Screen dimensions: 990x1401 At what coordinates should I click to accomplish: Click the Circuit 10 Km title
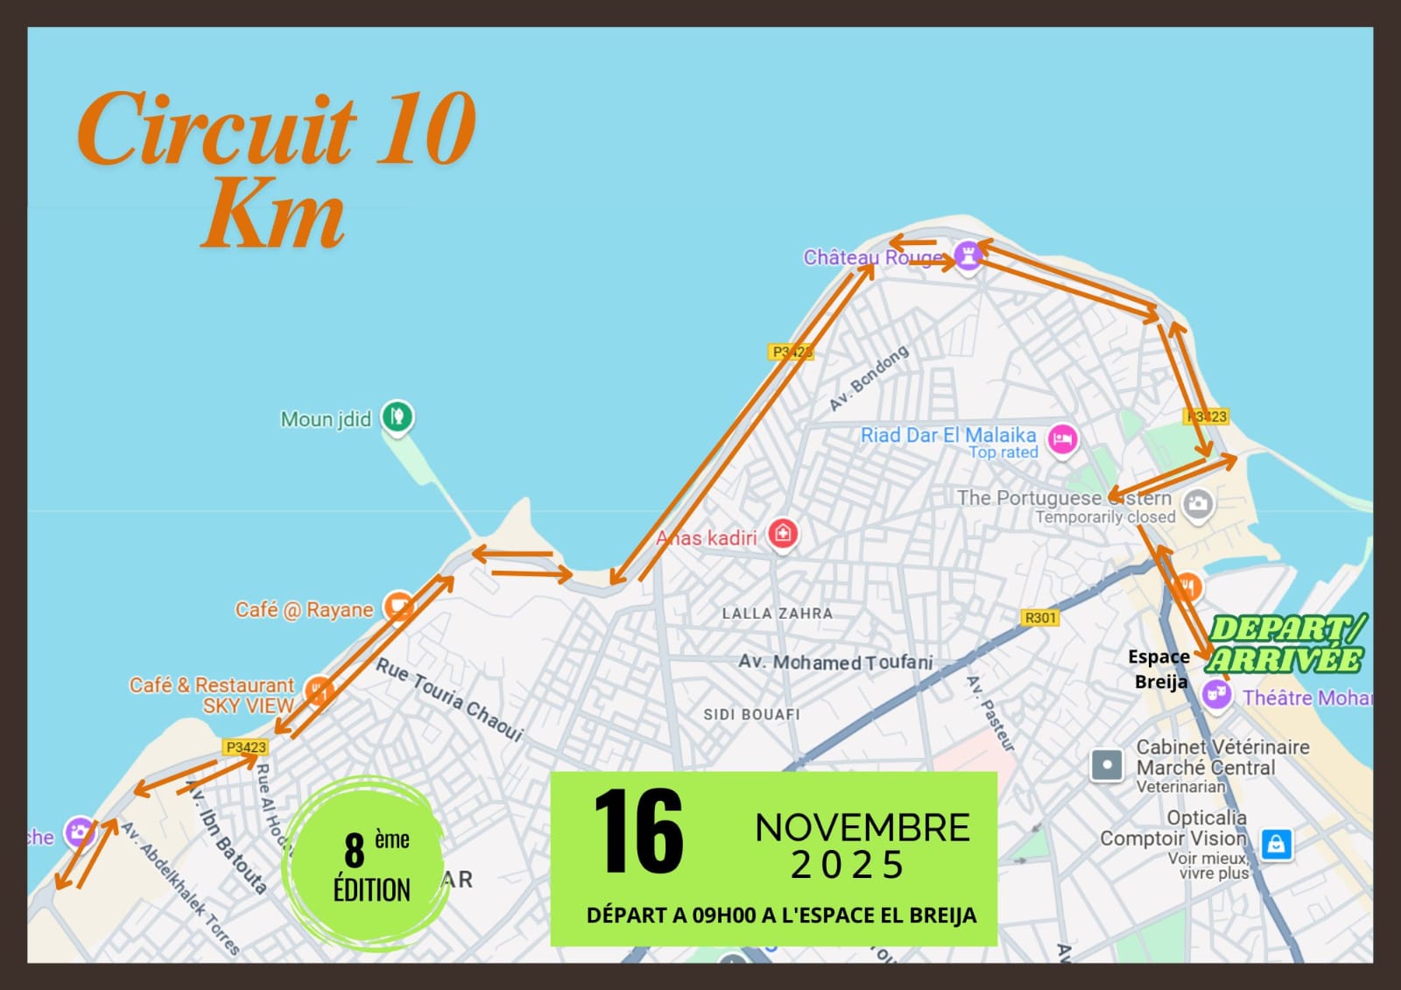click(x=276, y=168)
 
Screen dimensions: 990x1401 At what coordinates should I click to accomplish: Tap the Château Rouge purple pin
click(x=968, y=256)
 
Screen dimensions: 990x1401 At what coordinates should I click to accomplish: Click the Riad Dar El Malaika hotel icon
click(x=1062, y=438)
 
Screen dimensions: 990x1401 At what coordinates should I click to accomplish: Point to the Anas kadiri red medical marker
click(x=783, y=532)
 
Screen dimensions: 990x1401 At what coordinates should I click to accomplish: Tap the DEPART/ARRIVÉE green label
click(x=1286, y=643)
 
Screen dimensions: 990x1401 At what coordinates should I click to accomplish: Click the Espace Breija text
click(x=1159, y=669)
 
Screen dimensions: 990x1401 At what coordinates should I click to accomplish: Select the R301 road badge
click(x=1040, y=618)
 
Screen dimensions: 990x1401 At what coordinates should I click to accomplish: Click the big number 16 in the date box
click(x=638, y=831)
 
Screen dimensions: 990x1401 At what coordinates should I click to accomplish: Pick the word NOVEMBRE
click(x=862, y=828)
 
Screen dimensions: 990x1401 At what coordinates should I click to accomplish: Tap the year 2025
click(x=847, y=866)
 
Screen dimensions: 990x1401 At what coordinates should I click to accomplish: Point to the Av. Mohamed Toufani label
click(x=835, y=662)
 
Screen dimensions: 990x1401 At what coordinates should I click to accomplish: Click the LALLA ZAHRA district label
click(x=777, y=614)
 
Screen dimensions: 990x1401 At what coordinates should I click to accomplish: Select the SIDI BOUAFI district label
click(x=751, y=714)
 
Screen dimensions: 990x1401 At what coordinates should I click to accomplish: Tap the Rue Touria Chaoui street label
click(x=450, y=699)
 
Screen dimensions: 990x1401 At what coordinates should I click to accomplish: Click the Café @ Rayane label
click(x=304, y=609)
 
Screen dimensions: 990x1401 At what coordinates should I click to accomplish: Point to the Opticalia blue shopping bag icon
click(x=1276, y=844)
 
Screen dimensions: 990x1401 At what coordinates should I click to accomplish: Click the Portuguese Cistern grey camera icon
click(x=1198, y=503)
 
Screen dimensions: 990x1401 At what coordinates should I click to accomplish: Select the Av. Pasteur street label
click(x=990, y=713)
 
